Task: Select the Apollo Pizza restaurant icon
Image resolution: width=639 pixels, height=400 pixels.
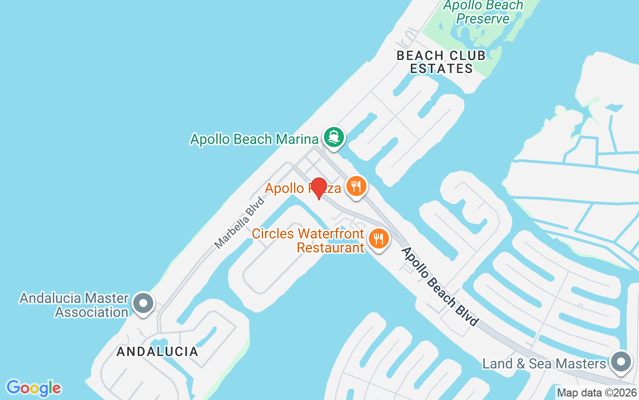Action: click(x=355, y=186)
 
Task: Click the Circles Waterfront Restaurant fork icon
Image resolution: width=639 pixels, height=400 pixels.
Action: click(x=379, y=238)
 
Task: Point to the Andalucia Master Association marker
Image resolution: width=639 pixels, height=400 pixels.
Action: click(x=143, y=303)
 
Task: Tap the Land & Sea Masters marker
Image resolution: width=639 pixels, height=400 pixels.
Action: click(x=621, y=361)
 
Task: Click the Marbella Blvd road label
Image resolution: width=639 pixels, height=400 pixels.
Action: click(x=239, y=222)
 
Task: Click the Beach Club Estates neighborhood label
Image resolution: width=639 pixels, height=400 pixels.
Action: click(x=441, y=62)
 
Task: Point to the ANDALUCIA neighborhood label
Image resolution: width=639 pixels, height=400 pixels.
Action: click(x=157, y=351)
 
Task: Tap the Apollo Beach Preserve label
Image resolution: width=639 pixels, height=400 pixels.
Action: click(x=483, y=12)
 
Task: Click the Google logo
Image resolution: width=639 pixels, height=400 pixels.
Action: click(x=33, y=388)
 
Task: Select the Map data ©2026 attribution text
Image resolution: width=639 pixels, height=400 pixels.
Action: click(x=597, y=393)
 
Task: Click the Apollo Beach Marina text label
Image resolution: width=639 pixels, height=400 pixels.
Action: click(x=254, y=139)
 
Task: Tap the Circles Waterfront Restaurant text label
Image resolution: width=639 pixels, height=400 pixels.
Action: click(x=308, y=240)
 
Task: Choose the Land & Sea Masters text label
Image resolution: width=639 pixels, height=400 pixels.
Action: click(x=544, y=363)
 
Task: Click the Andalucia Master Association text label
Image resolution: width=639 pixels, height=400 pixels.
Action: click(x=74, y=305)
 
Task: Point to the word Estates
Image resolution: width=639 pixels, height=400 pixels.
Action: click(x=441, y=68)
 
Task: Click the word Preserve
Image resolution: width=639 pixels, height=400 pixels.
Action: click(x=483, y=19)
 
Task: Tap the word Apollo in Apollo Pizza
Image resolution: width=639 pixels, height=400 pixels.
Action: click(x=285, y=188)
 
